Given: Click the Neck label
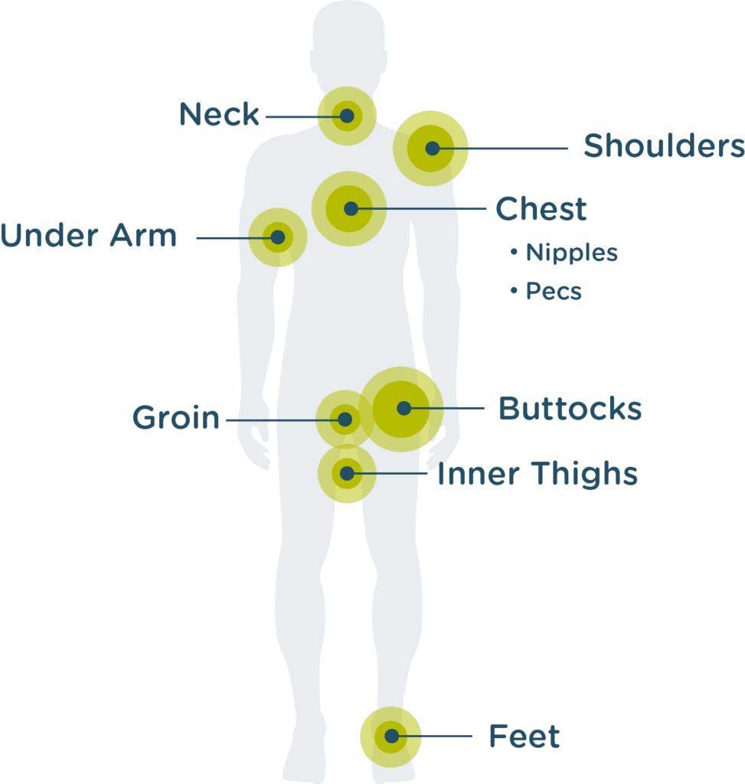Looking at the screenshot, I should pos(219,115).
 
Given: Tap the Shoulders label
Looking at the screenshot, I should pos(663,145).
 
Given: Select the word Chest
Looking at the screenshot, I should pos(541,209).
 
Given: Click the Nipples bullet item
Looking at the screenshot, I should pos(570,253).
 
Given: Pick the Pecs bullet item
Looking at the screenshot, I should pos(553,292).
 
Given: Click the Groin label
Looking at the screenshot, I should pos(175,418).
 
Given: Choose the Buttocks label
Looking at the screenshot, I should pos(570,409).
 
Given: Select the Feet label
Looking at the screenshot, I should pos(524,737).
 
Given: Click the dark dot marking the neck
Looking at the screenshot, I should pos(347,116).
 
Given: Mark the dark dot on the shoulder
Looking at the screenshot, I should pos(433,149).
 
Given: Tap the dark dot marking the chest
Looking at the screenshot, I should pos(351,208).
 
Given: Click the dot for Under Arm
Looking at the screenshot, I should pos(277,237).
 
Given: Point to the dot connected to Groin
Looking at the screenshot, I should pos(345,419).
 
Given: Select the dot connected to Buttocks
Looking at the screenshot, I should pos(404,408).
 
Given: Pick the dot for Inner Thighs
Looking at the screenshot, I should pos(347,474).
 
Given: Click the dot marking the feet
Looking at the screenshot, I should pos(391,737).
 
